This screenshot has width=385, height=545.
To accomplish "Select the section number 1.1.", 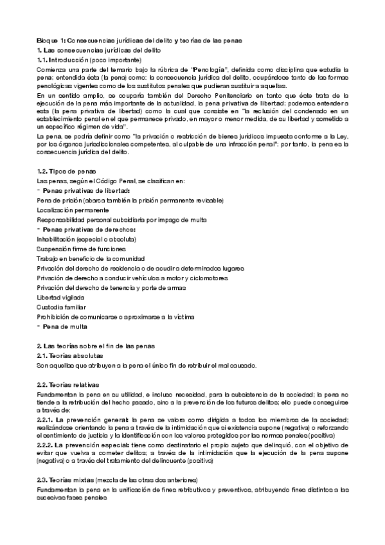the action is click(44, 58).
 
